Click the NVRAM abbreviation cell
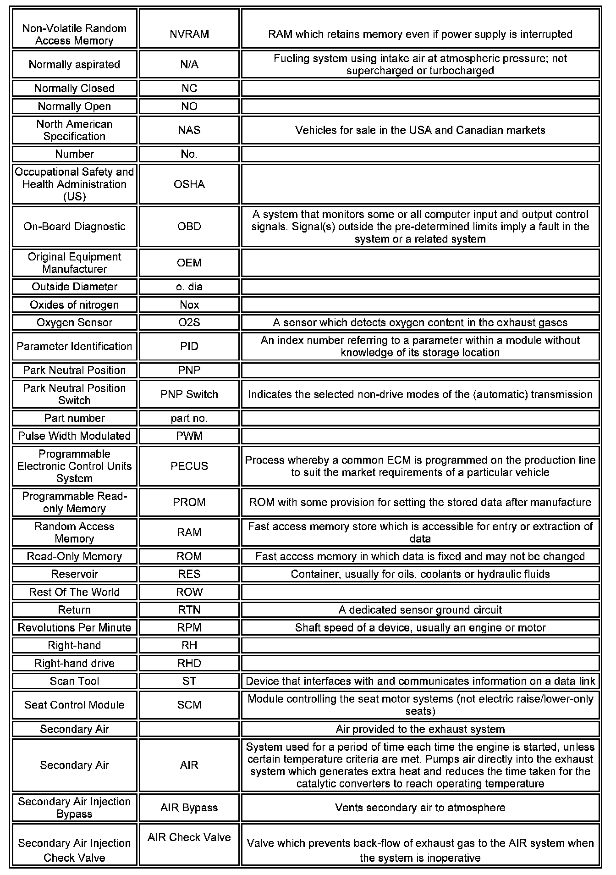coord(189,34)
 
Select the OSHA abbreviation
coord(189,184)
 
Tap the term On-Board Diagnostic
coord(74,227)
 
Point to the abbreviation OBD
coord(189,227)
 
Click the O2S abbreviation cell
coord(189,322)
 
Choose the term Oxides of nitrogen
coord(74,305)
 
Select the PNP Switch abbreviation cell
coord(189,394)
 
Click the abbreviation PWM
coord(189,436)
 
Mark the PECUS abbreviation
coord(189,466)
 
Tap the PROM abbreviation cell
coord(189,502)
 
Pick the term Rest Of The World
coord(74,592)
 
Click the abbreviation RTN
coord(189,610)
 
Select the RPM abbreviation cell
coord(189,628)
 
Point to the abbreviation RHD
coord(189,664)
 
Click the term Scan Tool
coord(74,681)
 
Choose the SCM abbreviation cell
coord(189,705)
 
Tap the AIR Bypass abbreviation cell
coord(189,808)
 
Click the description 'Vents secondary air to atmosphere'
coord(420,808)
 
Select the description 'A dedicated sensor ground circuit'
coord(420,610)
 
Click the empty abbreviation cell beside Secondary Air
coord(189,729)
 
